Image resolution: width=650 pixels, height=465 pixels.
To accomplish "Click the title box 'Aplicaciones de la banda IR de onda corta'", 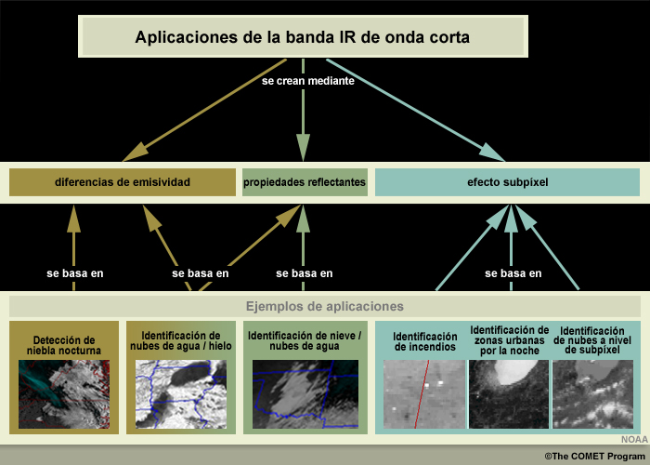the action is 303,36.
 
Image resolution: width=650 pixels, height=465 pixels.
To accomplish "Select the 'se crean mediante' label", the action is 308,81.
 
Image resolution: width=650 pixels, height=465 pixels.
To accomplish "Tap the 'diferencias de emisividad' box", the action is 123,182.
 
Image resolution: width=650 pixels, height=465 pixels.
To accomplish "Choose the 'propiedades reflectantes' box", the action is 305,182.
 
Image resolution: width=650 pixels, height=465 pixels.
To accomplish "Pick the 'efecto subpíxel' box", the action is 507,182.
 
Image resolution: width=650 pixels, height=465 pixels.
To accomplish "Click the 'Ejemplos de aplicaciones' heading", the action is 325,306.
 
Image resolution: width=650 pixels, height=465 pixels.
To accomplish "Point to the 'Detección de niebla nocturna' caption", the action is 64,345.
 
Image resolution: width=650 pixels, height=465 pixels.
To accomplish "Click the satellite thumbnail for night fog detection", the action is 64,394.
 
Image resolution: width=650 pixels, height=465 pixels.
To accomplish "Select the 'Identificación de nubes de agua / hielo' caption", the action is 181,340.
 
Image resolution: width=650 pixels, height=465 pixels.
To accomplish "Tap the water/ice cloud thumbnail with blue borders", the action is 181,394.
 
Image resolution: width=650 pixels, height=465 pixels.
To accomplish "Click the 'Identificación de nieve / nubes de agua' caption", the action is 305,340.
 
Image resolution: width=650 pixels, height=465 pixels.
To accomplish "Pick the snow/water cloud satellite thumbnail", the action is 305,394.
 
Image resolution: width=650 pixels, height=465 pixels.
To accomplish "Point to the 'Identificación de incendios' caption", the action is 425,341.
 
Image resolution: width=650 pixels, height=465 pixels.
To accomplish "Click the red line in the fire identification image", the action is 422,394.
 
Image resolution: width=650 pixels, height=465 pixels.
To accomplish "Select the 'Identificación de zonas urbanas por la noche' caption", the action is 510,340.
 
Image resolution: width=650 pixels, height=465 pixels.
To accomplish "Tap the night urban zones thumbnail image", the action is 509,394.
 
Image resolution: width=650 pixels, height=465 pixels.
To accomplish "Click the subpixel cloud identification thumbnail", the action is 592,394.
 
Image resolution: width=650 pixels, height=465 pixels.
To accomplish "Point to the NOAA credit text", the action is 634,440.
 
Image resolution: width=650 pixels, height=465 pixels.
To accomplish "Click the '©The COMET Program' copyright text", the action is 596,457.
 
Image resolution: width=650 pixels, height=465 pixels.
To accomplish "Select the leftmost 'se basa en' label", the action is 75,273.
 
